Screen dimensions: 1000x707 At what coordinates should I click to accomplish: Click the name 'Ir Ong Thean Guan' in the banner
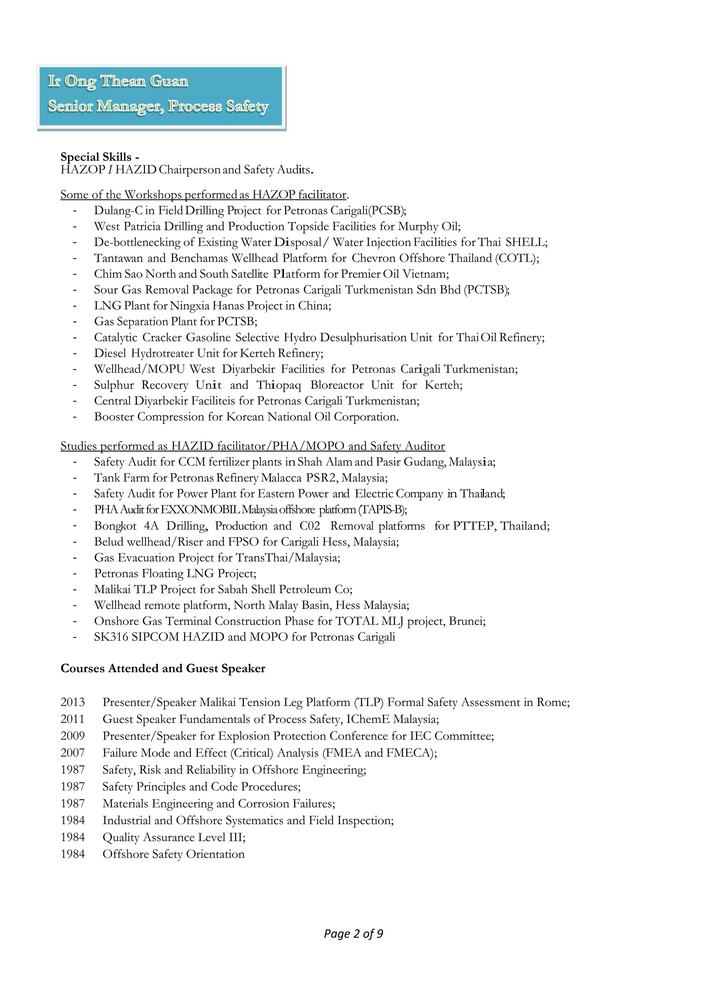[118, 81]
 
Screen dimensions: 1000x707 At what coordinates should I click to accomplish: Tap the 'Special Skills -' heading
[100, 157]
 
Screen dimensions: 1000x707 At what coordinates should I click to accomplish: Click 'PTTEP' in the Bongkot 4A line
[474, 526]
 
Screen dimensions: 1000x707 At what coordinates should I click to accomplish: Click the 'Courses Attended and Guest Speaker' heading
[163, 669]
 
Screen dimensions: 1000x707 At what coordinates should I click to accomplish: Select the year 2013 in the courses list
[73, 702]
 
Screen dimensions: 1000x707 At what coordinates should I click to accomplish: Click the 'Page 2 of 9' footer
[353, 933]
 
